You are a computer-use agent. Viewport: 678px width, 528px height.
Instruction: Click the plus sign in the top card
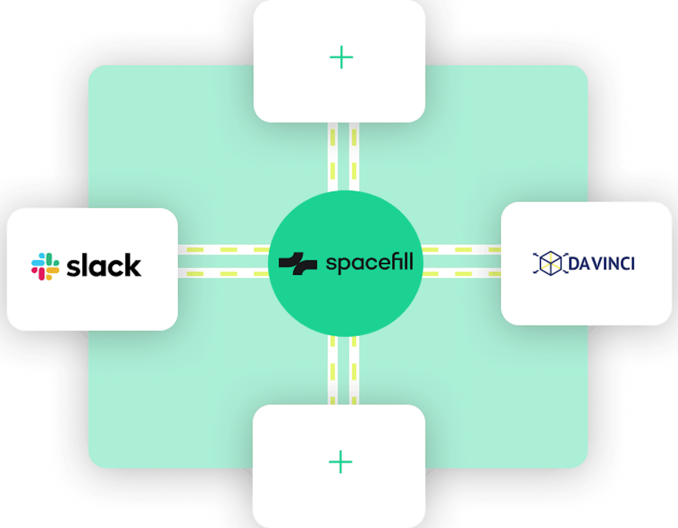click(341, 57)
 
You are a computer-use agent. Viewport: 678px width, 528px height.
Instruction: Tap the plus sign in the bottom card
click(341, 462)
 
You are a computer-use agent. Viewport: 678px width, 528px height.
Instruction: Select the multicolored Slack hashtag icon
click(45, 266)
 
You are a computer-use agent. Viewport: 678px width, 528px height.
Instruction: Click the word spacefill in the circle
click(369, 263)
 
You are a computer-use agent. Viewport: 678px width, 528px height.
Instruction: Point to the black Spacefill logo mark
click(298, 264)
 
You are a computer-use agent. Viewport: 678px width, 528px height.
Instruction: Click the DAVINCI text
click(601, 264)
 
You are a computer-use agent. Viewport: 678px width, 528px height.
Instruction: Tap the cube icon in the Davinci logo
click(550, 264)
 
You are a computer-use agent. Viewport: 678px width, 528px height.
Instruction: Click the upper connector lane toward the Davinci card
click(462, 250)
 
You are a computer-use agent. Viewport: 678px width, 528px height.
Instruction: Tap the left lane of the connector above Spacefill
click(333, 157)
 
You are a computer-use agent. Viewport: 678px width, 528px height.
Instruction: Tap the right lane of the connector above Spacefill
click(354, 157)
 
